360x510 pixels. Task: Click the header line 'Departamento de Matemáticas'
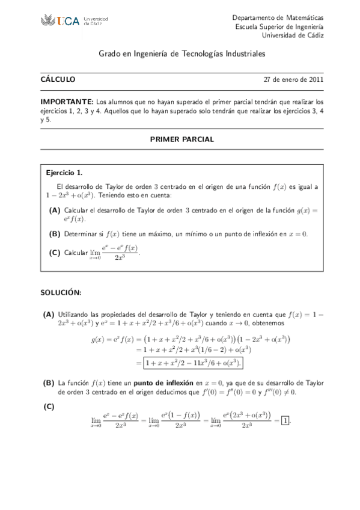click(278, 18)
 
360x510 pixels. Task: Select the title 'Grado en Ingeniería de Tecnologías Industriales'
click(182, 54)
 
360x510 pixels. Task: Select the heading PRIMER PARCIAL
click(182, 139)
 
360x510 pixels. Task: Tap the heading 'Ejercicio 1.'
click(64, 173)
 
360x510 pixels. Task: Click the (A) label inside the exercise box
click(55, 210)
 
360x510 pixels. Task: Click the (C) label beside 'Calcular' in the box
click(55, 253)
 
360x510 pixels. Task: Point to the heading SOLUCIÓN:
click(61, 292)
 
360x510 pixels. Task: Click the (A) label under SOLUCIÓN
click(49, 314)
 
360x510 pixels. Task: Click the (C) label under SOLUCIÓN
click(49, 407)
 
